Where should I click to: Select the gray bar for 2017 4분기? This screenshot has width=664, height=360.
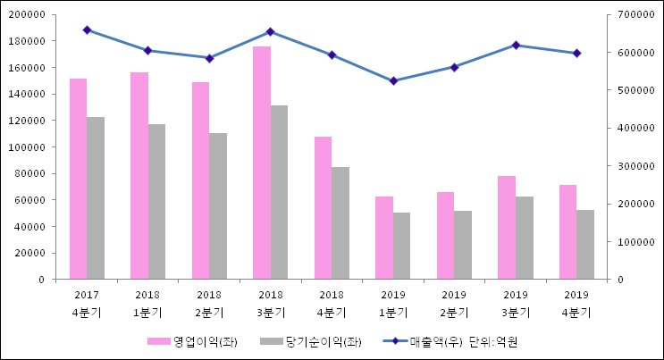click(x=96, y=197)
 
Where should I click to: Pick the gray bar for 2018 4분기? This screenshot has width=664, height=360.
click(x=340, y=223)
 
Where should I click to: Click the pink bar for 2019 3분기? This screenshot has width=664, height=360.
click(x=506, y=228)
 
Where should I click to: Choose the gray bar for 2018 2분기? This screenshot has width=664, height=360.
click(x=218, y=206)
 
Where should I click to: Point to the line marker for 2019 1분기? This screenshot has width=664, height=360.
click(x=393, y=81)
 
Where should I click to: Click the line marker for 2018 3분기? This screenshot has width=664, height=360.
click(x=271, y=31)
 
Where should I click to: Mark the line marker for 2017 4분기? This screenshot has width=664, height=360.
click(x=87, y=29)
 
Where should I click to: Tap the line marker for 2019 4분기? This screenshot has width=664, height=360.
click(x=576, y=53)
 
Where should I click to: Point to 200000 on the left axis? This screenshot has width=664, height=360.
click(x=29, y=15)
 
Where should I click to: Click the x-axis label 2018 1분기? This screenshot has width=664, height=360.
click(x=147, y=303)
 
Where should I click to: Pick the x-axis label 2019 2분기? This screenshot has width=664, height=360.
click(x=454, y=303)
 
